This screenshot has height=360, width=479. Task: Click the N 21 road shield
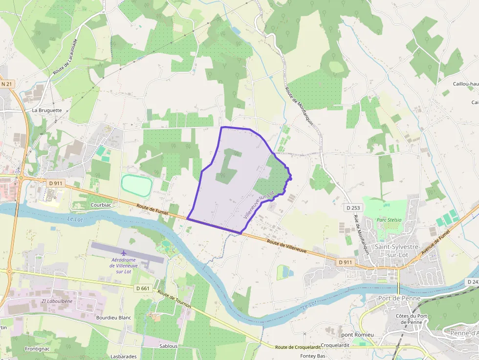[6, 84]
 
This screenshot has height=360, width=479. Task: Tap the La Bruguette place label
[47, 110]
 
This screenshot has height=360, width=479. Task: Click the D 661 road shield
[143, 288]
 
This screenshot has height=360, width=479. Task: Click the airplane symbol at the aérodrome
[123, 253]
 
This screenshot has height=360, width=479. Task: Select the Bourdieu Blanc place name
[114, 318]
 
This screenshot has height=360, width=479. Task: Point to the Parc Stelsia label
[389, 220]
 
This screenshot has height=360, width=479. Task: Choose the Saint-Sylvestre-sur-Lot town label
[396, 251]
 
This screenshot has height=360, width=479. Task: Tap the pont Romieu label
[357, 335]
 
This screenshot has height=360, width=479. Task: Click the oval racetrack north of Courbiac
[137, 186]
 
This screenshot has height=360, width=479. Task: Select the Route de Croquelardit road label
[298, 347]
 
